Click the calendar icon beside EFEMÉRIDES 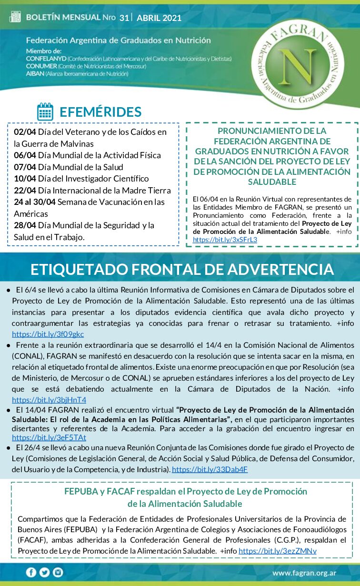(x=45, y=111)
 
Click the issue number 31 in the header (x=124, y=18)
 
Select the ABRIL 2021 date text (x=159, y=19)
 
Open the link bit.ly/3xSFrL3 (x=225, y=240)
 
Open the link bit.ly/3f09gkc (x=48, y=334)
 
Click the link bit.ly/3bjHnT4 (x=49, y=400)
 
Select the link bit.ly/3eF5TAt (x=49, y=437)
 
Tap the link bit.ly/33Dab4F (x=210, y=469)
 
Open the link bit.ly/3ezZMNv (x=278, y=551)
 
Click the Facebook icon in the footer (x=31, y=572)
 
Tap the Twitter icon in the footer (x=45, y=572)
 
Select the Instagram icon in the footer (x=58, y=572)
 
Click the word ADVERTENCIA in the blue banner (x=280, y=269)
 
